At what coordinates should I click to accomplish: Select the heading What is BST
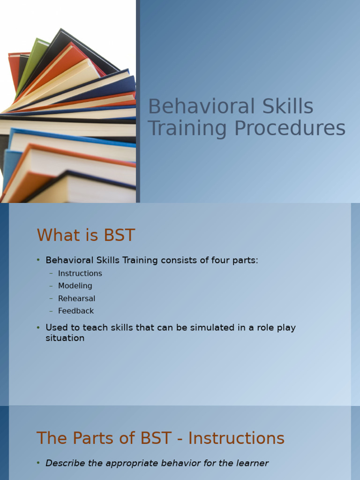86,235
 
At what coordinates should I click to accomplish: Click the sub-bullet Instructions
80,273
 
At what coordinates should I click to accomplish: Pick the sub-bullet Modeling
75,286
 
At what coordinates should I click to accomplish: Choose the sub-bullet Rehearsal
76,299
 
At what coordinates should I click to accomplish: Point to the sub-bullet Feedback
76,311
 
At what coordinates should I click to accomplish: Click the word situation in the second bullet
65,338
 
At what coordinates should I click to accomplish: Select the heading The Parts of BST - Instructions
160,438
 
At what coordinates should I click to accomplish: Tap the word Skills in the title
286,107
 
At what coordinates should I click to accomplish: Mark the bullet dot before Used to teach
38,328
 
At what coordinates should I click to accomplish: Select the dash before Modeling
51,286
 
